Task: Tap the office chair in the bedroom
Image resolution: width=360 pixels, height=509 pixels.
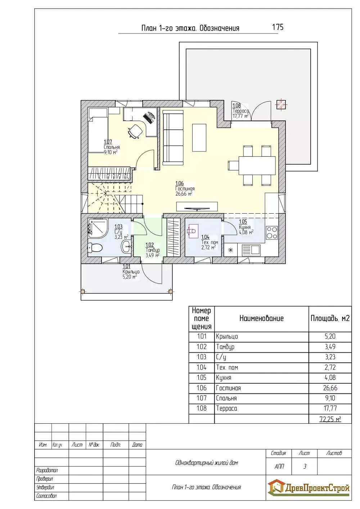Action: [x=135, y=131]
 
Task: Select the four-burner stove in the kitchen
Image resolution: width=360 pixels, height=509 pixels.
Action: [x=272, y=232]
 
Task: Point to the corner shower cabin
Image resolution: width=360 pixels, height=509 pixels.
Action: [x=97, y=228]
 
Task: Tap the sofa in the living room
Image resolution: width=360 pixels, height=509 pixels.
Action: [x=173, y=138]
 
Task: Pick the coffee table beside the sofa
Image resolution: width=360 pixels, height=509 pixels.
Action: [x=199, y=138]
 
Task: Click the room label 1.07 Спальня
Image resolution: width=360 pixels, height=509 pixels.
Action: [x=112, y=147]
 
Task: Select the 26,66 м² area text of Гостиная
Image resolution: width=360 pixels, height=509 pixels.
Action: [x=184, y=194]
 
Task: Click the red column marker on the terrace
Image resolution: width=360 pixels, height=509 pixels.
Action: [x=281, y=105]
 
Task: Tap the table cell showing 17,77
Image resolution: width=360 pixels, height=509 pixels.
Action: [x=330, y=408]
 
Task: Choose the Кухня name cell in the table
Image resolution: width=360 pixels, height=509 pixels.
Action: [x=261, y=378]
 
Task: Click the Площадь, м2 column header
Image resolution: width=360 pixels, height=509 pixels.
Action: [x=330, y=318]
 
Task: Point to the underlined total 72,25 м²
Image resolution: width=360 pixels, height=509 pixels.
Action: [x=330, y=419]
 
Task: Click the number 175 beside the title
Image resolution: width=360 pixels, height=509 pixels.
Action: [x=278, y=27]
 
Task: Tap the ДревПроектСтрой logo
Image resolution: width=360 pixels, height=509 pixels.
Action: [x=308, y=488]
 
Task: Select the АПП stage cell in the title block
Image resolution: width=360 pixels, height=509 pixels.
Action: [x=279, y=466]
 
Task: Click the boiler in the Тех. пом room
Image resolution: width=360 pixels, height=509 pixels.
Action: [x=193, y=232]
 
